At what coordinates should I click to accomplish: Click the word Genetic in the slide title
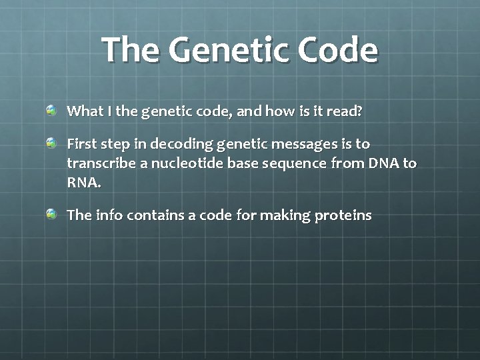(x=220, y=50)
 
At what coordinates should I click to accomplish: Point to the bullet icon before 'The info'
(x=52, y=214)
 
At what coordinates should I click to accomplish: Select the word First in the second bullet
(x=81, y=144)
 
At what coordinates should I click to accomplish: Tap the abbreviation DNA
(x=381, y=163)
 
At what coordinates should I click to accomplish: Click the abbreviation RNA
(x=84, y=183)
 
